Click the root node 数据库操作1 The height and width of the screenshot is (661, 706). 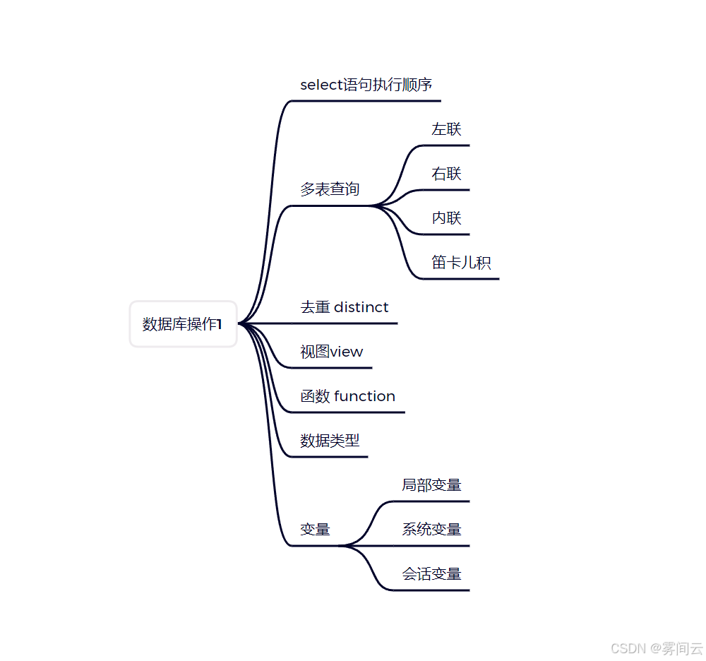tap(183, 324)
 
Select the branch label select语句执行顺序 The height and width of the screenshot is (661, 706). tap(366, 85)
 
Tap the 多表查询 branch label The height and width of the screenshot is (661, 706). tap(330, 189)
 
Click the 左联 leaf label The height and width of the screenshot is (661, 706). tap(446, 129)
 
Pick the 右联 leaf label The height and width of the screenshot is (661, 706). tap(446, 174)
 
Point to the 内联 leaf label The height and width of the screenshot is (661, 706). tap(446, 218)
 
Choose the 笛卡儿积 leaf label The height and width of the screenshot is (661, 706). tap(461, 263)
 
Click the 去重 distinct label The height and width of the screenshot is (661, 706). tap(345, 307)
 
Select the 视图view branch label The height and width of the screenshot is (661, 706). tap(331, 352)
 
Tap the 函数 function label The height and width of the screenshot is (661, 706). tap(347, 396)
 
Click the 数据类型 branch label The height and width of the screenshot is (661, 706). tap(330, 441)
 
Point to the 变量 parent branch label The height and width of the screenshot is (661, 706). tap(315, 530)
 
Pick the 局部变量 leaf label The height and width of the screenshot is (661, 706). tap(431, 485)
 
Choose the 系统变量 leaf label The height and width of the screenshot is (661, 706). tap(431, 530)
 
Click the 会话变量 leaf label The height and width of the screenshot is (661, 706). tap(431, 574)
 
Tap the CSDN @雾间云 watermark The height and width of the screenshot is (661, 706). tap(657, 648)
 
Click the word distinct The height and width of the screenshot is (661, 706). tap(361, 307)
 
